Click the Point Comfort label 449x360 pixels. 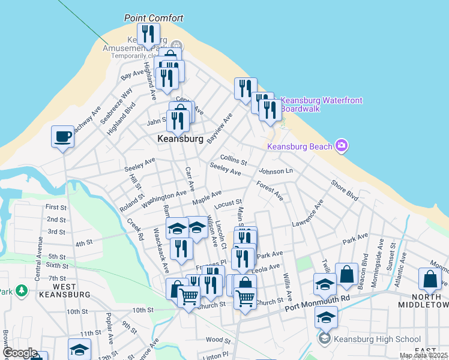153,18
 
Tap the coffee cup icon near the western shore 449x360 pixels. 62,137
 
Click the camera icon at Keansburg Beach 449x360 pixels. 342,145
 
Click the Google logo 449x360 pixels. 20,353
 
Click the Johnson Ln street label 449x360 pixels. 275,172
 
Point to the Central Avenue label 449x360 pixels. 40,259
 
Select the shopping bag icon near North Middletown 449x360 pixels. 432,279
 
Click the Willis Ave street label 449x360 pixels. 288,286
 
